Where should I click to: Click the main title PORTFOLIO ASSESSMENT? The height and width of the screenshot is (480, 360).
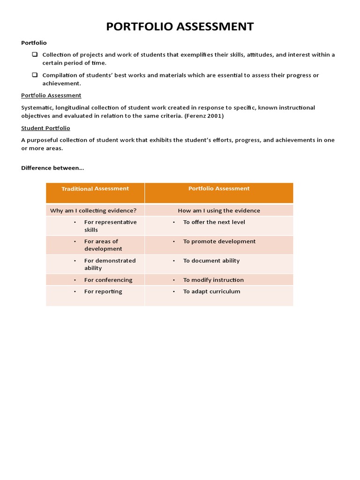[x=180, y=27]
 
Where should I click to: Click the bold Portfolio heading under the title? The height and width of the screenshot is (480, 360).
[x=34, y=43]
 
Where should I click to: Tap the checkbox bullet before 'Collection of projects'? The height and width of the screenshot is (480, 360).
[x=35, y=54]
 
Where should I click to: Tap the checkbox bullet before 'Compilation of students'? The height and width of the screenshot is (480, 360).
[x=35, y=75]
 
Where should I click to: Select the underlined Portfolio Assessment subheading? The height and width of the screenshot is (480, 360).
[x=51, y=95]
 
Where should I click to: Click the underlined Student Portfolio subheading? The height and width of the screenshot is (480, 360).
[x=45, y=128]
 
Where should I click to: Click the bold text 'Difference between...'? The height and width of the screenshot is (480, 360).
[x=52, y=168]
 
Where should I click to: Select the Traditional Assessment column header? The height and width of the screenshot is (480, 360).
[x=95, y=188]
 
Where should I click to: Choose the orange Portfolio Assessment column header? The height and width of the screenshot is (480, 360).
[x=219, y=188]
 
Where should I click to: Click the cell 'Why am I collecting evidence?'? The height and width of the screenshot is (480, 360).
[x=93, y=210]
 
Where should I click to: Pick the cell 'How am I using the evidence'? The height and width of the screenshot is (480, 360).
[x=219, y=210]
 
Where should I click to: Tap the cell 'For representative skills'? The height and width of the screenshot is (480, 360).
[x=110, y=226]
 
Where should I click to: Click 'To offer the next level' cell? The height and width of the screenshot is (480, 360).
[x=214, y=222]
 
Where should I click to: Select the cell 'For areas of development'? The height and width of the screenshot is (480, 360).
[x=103, y=245]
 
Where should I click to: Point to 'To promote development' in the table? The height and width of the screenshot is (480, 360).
[x=219, y=241]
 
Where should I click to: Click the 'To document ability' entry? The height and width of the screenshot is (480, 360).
[x=211, y=261]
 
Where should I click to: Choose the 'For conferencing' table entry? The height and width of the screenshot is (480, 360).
[x=108, y=280]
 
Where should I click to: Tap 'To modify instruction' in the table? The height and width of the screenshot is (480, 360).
[x=213, y=280]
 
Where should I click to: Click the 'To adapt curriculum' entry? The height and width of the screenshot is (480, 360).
[x=211, y=292]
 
